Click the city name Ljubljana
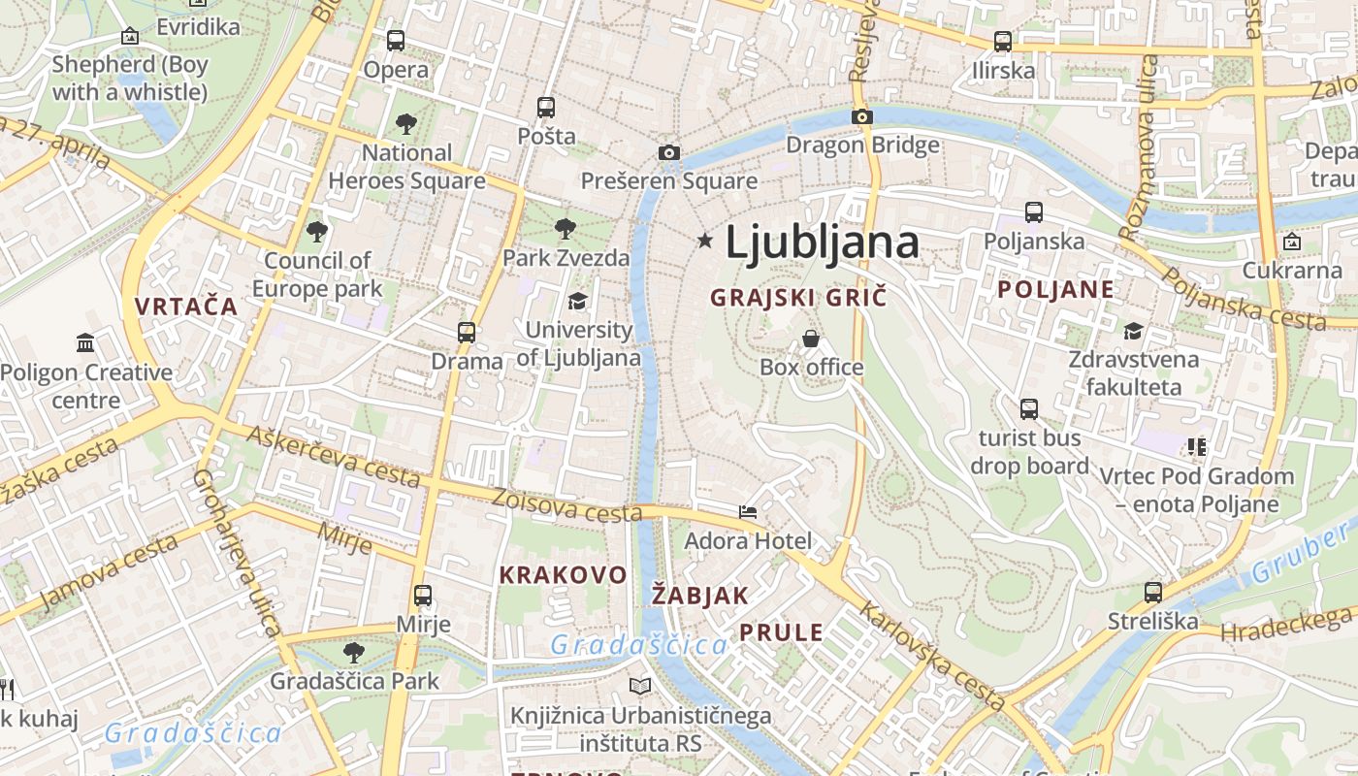(x=822, y=242)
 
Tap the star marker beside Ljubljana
(x=705, y=239)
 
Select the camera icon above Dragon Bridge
(x=861, y=117)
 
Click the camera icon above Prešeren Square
(x=668, y=152)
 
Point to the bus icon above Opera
(x=395, y=41)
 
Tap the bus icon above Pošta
(x=546, y=107)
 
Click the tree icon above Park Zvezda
(x=566, y=230)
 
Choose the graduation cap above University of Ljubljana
(x=578, y=301)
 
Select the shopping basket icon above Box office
(x=810, y=339)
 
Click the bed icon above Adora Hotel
(x=748, y=511)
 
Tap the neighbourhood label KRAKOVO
(x=563, y=574)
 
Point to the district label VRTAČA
(x=186, y=307)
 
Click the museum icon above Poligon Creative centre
(x=85, y=343)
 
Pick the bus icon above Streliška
(x=1152, y=592)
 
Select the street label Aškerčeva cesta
(x=333, y=455)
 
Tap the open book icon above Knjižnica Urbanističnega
(x=640, y=687)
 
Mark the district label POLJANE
(x=1055, y=289)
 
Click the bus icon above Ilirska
(x=1003, y=42)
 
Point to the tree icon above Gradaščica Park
(x=354, y=651)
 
